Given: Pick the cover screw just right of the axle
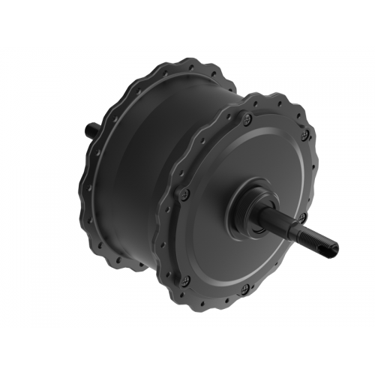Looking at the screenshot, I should [301, 217].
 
